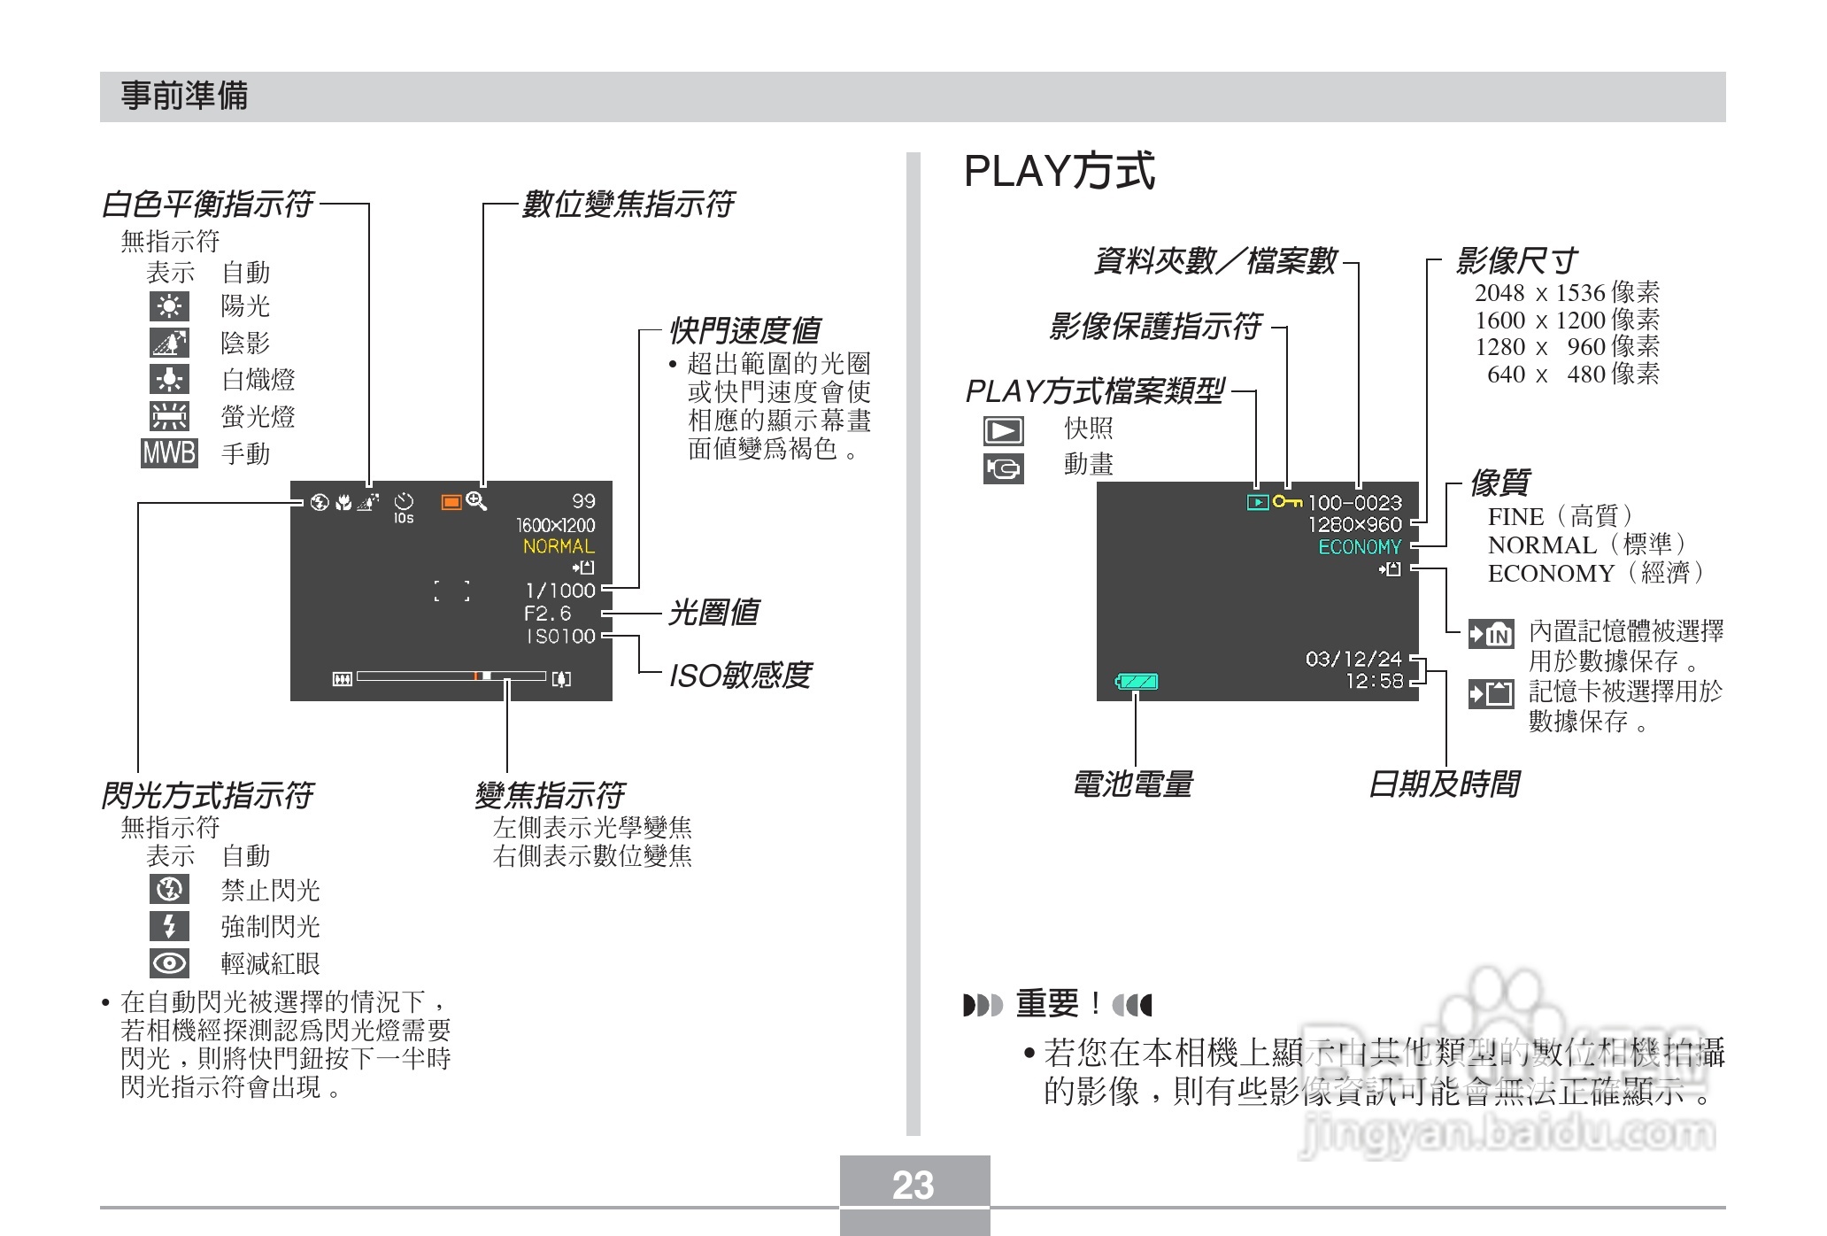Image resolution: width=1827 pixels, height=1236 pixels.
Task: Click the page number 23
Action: [913, 1186]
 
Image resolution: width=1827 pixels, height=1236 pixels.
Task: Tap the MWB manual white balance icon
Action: [169, 453]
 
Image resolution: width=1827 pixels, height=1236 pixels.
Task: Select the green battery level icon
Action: [1137, 682]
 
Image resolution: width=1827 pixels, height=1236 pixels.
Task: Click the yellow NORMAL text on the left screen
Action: [559, 546]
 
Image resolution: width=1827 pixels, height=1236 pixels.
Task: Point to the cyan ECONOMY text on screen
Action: [1360, 547]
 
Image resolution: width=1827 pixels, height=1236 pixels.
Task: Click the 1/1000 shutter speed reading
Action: [559, 591]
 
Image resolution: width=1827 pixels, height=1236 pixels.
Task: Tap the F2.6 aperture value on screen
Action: [548, 614]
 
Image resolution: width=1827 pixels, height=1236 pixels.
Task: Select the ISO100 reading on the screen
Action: [561, 637]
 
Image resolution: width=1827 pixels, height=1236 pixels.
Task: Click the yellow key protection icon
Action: [1287, 502]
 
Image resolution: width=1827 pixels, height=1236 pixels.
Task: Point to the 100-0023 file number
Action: [1354, 503]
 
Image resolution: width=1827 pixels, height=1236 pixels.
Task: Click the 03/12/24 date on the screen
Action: [1353, 659]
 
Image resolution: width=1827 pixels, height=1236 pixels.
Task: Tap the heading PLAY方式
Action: [1059, 172]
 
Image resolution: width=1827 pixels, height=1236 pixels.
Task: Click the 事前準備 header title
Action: [184, 96]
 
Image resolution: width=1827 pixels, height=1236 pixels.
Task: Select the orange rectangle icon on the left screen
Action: [451, 502]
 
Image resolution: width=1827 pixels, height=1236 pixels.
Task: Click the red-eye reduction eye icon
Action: [169, 963]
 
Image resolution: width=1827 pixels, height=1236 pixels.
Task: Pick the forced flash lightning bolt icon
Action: [169, 926]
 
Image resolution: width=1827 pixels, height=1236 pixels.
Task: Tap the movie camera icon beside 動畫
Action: [1003, 468]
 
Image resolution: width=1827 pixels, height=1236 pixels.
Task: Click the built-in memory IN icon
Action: [1491, 635]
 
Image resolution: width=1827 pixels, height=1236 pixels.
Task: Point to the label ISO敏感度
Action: [740, 676]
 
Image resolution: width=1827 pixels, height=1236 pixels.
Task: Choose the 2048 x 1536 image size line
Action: [1567, 293]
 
